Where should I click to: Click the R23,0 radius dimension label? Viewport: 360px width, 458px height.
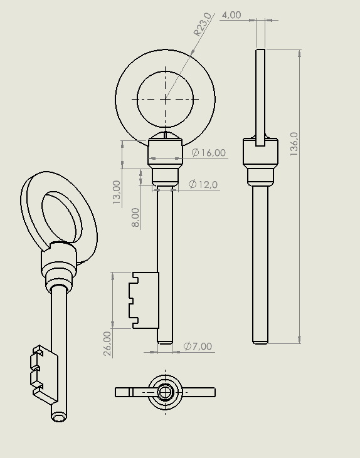tap(203, 24)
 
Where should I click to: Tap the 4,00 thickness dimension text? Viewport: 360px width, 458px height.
tap(231, 15)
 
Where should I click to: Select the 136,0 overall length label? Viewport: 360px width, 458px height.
tap(294, 143)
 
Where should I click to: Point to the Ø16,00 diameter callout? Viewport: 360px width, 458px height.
tap(209, 152)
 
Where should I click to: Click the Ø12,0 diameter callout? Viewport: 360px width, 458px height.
tap(203, 185)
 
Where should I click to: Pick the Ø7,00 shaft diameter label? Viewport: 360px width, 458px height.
tap(198, 346)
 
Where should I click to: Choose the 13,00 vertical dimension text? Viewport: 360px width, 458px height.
tap(117, 192)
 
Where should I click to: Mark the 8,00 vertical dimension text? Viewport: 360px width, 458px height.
tap(135, 217)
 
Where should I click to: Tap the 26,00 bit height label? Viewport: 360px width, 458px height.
tap(108, 343)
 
